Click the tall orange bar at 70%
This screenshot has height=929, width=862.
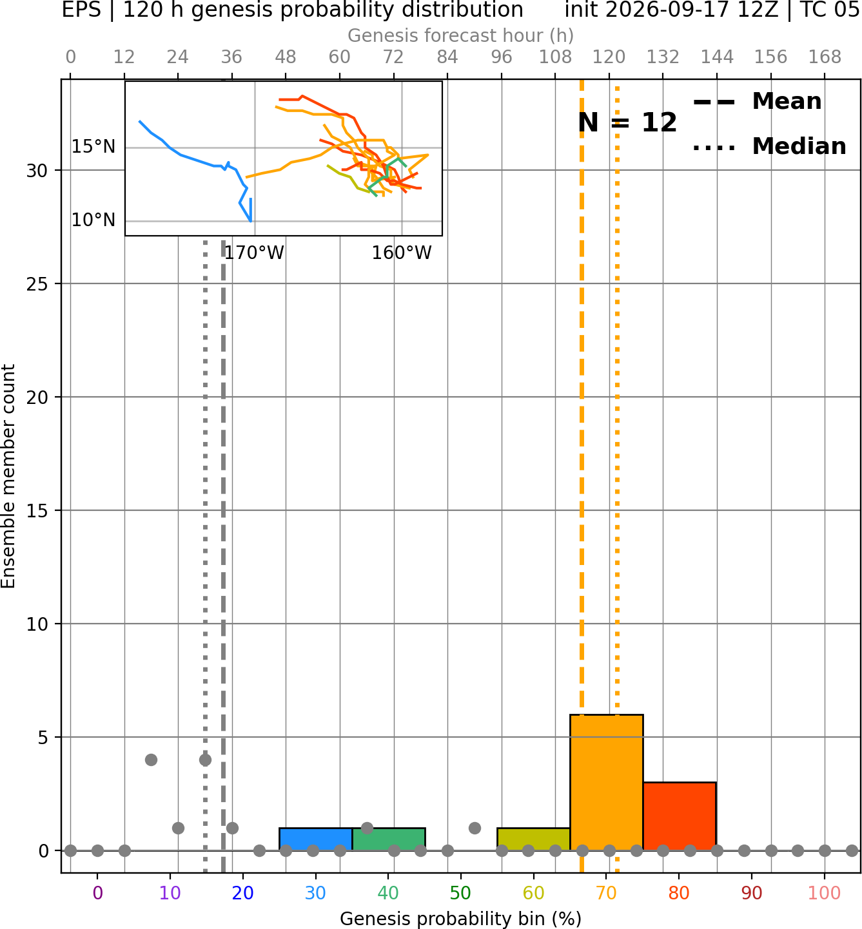click(606, 782)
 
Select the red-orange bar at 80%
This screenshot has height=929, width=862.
click(680, 816)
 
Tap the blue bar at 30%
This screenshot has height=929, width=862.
click(315, 839)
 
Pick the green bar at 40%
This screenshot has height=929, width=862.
click(389, 839)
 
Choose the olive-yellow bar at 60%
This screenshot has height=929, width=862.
click(534, 839)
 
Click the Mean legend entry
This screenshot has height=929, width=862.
click(757, 102)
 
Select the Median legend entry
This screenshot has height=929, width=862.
click(769, 146)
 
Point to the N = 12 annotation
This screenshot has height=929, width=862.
click(627, 122)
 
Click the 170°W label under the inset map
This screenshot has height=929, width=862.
click(254, 253)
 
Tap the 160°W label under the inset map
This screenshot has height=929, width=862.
click(401, 253)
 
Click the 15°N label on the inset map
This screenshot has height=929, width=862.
click(93, 147)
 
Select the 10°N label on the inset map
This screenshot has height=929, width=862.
click(93, 220)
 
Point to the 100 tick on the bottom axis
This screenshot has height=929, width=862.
click(825, 892)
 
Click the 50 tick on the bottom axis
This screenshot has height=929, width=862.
click(461, 892)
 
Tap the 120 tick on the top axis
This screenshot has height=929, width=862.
click(609, 57)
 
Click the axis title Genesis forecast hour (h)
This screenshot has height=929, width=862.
click(461, 35)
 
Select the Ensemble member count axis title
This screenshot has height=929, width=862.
click(8, 476)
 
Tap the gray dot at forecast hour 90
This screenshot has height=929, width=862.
click(475, 828)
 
